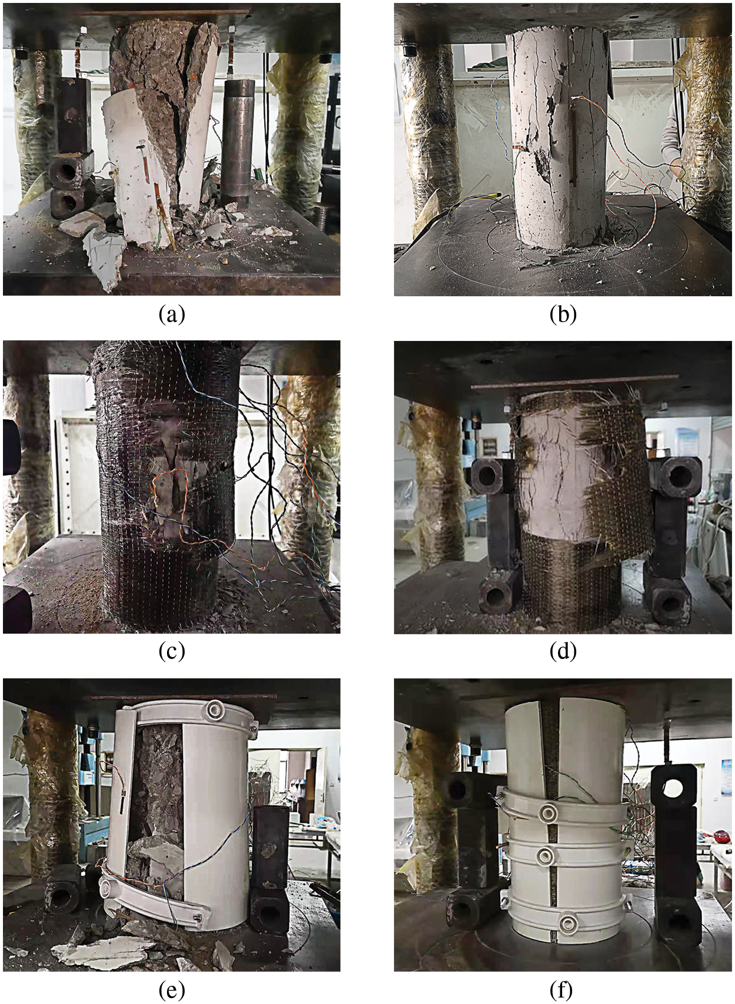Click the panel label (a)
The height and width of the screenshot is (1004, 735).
click(x=172, y=315)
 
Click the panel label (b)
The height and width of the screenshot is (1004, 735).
click(x=563, y=315)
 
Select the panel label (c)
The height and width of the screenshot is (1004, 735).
click(x=172, y=652)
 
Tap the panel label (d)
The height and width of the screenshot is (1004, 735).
click(x=563, y=652)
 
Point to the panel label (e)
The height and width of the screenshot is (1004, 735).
click(x=172, y=990)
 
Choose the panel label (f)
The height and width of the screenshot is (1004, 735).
click(x=563, y=990)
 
